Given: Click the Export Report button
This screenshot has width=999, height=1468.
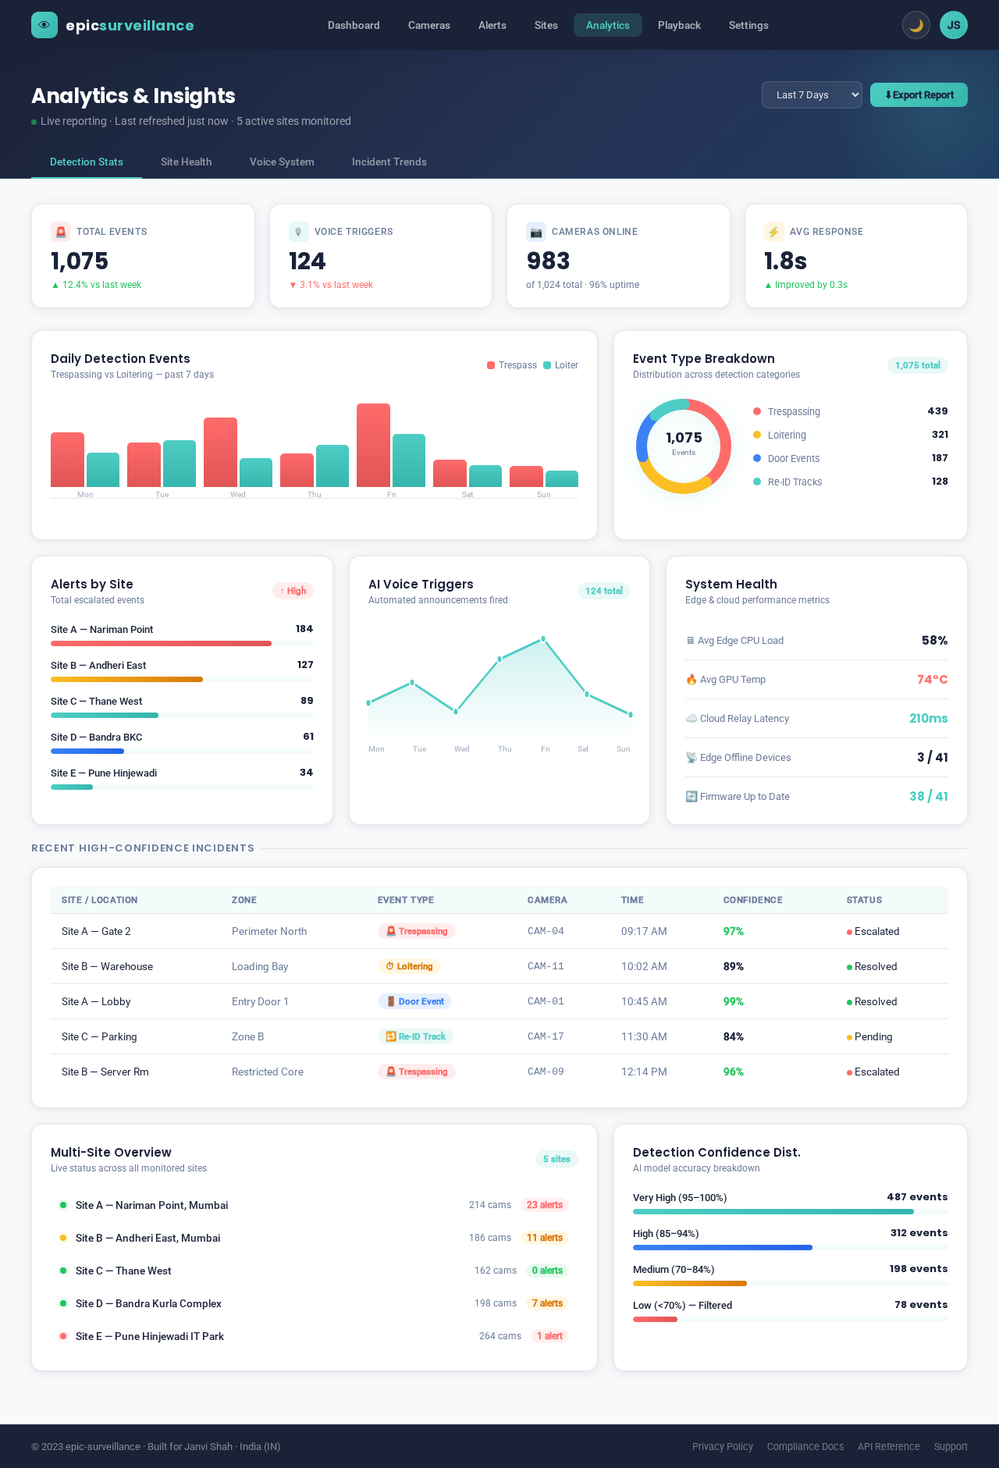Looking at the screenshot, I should [919, 95].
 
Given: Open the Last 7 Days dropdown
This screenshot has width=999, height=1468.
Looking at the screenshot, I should [812, 95].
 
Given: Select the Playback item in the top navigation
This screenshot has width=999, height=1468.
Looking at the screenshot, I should [679, 25].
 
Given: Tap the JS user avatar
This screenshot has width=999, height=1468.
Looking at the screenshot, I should [953, 25].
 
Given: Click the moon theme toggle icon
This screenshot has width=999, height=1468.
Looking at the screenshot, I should [916, 25].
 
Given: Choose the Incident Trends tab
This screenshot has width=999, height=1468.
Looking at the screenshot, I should [389, 162].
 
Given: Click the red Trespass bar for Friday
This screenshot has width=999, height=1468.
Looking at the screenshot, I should [373, 446].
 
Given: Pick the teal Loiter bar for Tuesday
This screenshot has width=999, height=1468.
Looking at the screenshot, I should [180, 464].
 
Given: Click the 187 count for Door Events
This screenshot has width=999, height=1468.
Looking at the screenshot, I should [940, 458].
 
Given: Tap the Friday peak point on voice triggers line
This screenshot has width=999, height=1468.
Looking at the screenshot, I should [543, 639].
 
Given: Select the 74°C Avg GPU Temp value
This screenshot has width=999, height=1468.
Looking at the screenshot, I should [932, 680].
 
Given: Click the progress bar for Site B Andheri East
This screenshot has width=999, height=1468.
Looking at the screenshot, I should [127, 679].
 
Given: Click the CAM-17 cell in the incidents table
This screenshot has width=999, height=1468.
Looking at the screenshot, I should [546, 1036].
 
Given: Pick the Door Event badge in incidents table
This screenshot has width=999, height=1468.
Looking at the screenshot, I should [414, 1001].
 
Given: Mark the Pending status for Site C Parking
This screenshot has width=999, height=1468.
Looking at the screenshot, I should [872, 1036].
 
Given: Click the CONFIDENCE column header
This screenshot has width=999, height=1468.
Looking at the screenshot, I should [752, 900].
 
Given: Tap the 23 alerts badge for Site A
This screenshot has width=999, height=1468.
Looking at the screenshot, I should [544, 1205].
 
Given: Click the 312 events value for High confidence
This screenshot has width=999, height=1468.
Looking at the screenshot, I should [919, 1233].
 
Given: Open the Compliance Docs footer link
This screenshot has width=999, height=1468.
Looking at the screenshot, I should [805, 1446].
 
